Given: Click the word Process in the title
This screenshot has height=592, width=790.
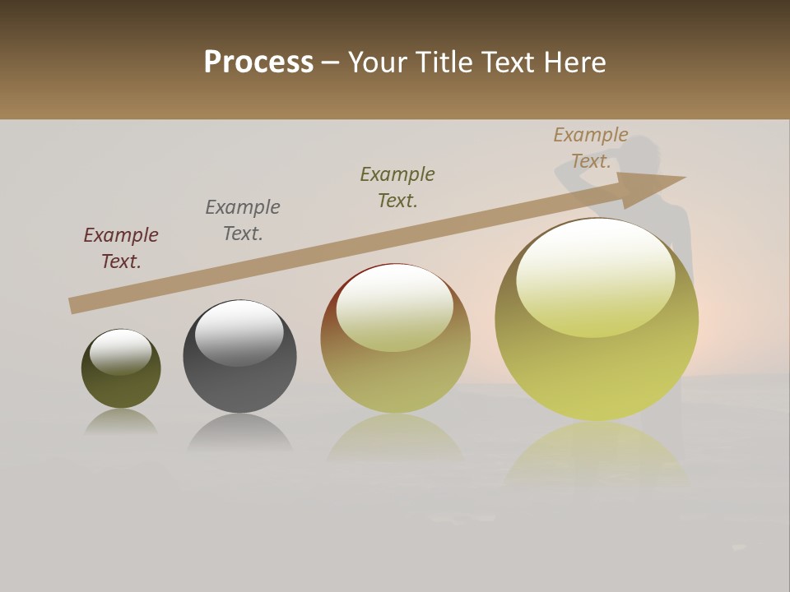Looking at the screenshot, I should (258, 62).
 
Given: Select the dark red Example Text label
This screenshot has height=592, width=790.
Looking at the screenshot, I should (121, 248).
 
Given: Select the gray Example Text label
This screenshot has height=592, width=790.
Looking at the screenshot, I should (243, 220).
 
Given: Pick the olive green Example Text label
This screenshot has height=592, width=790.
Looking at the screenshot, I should (397, 187).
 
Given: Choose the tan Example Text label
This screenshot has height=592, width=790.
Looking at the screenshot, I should (591, 148).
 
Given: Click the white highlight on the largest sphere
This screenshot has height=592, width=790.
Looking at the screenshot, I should (595, 275).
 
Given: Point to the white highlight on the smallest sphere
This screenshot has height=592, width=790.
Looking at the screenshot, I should (121, 352).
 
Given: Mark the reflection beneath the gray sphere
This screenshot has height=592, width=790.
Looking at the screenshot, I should (239, 433).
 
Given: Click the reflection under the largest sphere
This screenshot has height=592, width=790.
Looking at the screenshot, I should (597, 452).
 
